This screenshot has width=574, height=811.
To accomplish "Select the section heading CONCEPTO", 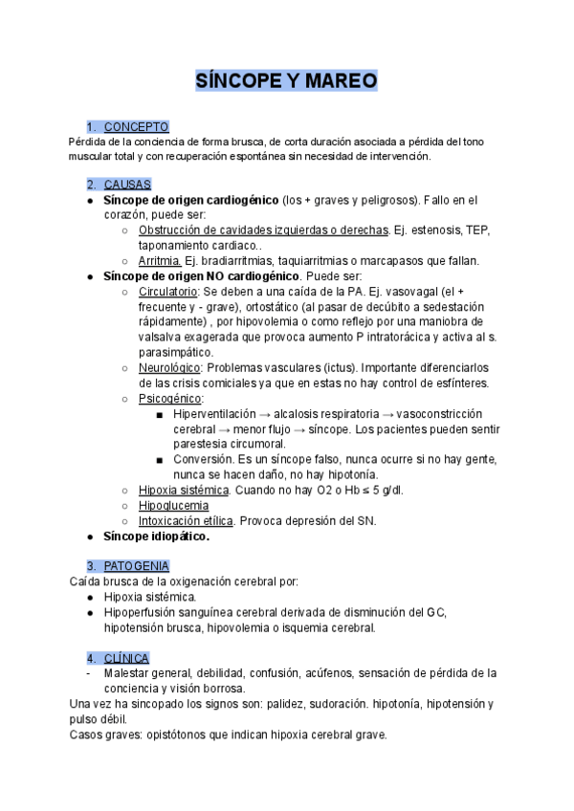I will point(136,126).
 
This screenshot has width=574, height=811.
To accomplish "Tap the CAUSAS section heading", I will point(127,185).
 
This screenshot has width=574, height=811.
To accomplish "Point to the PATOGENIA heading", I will point(137,566).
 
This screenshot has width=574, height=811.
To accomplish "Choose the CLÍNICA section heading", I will point(126,658).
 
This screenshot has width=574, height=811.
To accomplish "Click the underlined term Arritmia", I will point(160,260).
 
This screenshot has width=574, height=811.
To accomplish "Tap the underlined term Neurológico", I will point(169,367).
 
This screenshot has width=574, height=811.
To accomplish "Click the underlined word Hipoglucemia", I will point(175,505).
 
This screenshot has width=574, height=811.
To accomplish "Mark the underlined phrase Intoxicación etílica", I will point(186,520).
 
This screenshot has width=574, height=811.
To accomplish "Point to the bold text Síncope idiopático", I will point(156,536).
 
